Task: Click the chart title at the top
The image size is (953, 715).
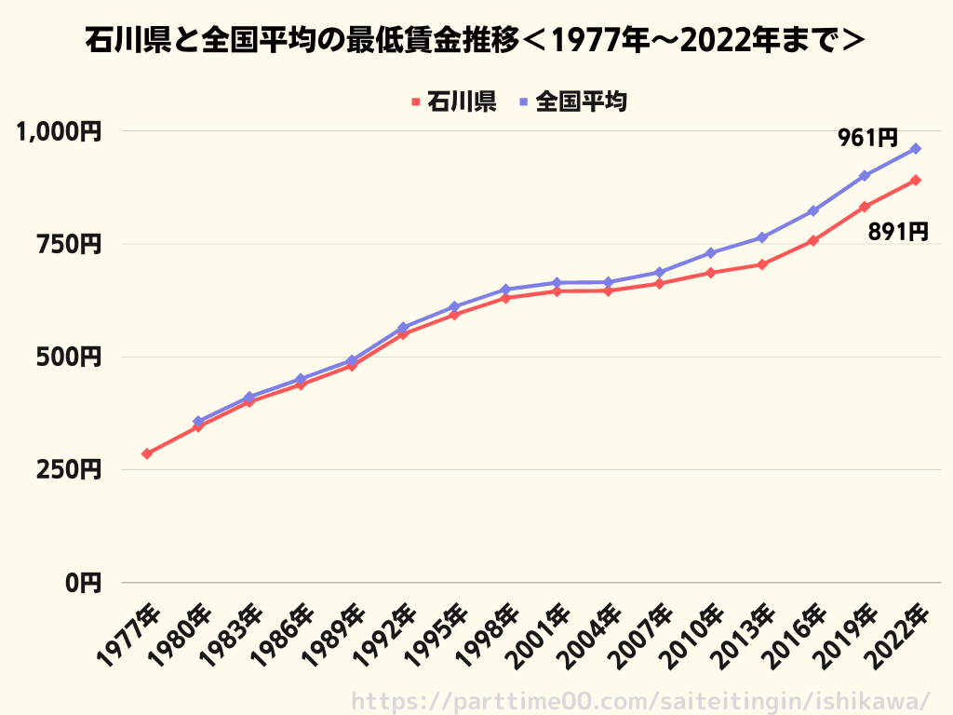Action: coord(475,41)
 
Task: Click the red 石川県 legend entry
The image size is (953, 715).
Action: coord(454,101)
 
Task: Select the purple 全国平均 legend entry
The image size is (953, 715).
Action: coord(573,101)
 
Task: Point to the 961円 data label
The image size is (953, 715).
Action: coord(867,138)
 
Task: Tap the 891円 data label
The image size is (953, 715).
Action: coord(898,232)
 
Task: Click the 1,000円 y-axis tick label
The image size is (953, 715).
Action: coord(59,131)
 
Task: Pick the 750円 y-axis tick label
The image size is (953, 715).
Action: coord(69,245)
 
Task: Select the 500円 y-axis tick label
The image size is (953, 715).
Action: coord(69,357)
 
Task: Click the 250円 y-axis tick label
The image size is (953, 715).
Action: coord(69,470)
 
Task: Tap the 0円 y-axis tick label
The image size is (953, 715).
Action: coord(83,583)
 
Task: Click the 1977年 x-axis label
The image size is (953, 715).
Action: coord(128,635)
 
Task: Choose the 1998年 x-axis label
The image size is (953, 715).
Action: coord(487,635)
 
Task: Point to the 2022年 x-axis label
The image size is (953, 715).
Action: coord(897,635)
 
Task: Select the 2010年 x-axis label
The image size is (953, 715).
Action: coord(692,635)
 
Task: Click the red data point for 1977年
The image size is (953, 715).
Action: coord(147,453)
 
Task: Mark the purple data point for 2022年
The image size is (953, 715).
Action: coord(916,148)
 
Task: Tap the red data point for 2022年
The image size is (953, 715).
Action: coord(916,180)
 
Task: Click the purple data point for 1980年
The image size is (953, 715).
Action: coord(198,421)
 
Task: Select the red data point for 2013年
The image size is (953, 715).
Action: coord(762,264)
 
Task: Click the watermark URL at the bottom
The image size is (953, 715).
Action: coord(640,701)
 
